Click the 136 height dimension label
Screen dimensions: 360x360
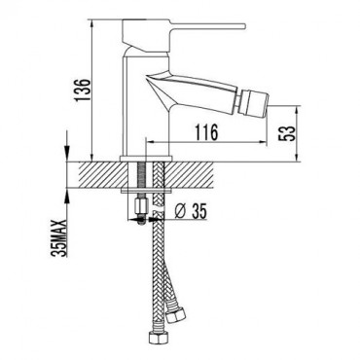pos(83,90)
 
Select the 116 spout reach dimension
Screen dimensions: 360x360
pos(206,132)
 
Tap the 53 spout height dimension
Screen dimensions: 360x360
pos(287,133)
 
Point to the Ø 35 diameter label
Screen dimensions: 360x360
pos(191,212)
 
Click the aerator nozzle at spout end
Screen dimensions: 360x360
pos(256,104)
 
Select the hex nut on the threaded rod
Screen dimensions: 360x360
pos(141,206)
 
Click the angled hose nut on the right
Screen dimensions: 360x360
pos(175,314)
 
